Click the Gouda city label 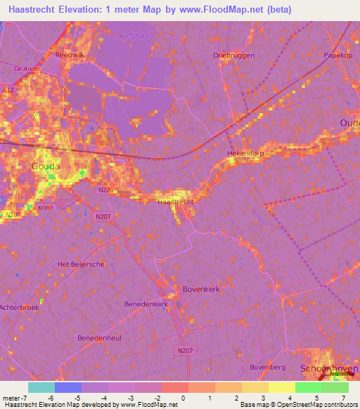tap(46, 167)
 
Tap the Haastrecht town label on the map tap(175, 202)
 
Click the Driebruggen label tap(231, 55)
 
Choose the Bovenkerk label tap(202, 288)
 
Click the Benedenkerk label tap(146, 304)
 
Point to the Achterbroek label tap(19, 308)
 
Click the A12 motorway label tap(8, 89)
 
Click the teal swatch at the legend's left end tap(41, 387)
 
